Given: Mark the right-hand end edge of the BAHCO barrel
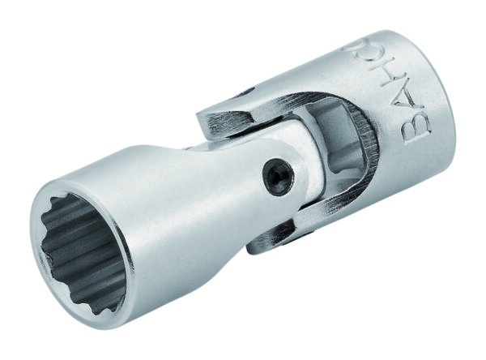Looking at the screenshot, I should coord(466,105).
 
